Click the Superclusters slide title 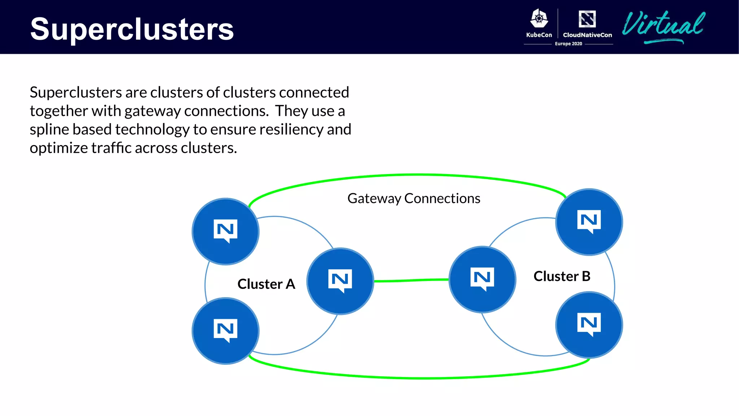click(x=132, y=29)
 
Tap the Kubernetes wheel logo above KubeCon click(x=539, y=18)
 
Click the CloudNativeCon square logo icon click(x=587, y=19)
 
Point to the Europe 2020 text click(x=568, y=44)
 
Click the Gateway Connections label click(x=414, y=198)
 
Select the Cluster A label click(x=266, y=284)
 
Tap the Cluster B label click(x=562, y=276)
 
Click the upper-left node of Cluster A click(x=226, y=231)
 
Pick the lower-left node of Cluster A click(x=226, y=331)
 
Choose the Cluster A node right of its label click(x=340, y=281)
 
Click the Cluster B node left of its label click(x=482, y=279)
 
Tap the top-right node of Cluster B click(x=589, y=222)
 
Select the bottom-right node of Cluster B click(x=589, y=325)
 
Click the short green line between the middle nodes click(x=411, y=280)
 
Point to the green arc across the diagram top click(x=415, y=175)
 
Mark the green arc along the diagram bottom click(x=422, y=378)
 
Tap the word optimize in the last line click(x=58, y=148)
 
